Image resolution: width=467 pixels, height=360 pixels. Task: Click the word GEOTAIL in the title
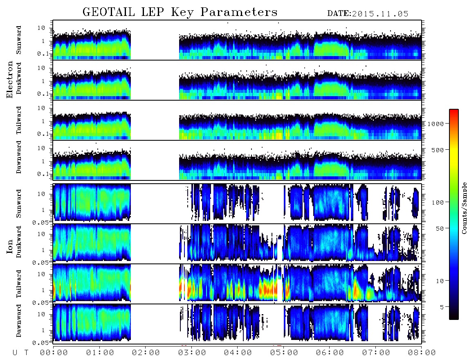tap(109, 12)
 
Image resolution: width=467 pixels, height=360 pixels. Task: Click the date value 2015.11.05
tap(380, 14)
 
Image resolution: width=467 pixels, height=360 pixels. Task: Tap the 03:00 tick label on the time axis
tap(192, 353)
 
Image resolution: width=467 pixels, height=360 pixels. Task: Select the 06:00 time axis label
tap(330, 353)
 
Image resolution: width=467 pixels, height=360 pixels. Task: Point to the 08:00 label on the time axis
tap(422, 353)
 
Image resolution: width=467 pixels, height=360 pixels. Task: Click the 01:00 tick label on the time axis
tap(100, 353)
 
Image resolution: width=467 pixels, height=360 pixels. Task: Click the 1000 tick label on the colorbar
tap(436, 124)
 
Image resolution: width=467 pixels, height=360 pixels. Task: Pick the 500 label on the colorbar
tap(438, 150)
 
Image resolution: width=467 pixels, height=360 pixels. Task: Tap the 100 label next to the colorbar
tap(438, 202)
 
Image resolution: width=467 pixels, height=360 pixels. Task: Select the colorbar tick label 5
tap(442, 307)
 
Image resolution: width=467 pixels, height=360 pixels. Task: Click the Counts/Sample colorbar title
tap(464, 208)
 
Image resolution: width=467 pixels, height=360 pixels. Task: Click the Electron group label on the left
tap(10, 79)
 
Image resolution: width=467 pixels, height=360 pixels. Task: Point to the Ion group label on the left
tap(10, 247)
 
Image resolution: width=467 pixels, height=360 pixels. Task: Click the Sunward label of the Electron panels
tap(19, 40)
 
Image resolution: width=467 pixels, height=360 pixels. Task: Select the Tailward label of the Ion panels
tap(19, 284)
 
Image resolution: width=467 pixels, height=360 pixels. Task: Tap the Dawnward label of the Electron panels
tap(19, 157)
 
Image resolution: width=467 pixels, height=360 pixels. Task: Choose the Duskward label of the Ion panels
tap(19, 242)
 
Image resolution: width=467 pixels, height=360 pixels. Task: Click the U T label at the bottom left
tap(20, 353)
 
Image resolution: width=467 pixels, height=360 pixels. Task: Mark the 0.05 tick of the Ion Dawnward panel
tap(40, 343)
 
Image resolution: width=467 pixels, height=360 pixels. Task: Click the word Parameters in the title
tap(239, 12)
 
